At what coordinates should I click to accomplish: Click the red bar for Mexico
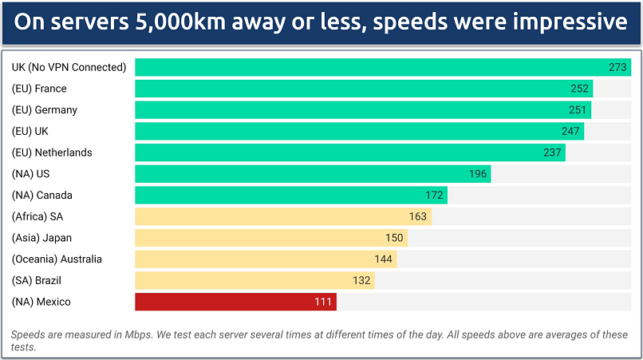click(x=235, y=302)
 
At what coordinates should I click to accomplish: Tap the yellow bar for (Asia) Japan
click(x=271, y=238)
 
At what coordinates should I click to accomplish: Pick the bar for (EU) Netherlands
click(x=350, y=152)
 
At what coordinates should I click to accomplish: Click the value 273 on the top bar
click(x=617, y=67)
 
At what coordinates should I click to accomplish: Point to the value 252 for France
click(x=579, y=89)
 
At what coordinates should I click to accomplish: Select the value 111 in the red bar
click(x=324, y=302)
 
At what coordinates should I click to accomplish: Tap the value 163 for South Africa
click(x=418, y=216)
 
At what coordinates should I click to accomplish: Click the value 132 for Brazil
click(x=362, y=280)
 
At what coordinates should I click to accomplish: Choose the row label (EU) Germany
click(x=45, y=110)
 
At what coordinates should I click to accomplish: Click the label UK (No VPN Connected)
click(x=69, y=67)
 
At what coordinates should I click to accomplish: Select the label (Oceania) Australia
click(x=57, y=259)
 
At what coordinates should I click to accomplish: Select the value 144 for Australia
click(x=385, y=259)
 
